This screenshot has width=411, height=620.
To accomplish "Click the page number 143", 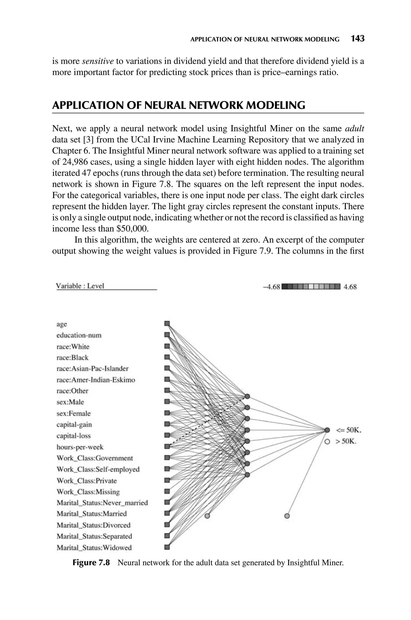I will coord(358,39).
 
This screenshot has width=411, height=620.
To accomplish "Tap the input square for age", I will coord(167,323).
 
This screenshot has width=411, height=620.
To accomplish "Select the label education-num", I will coord(79,335).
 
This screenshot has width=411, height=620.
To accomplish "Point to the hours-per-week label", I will coord(80,447).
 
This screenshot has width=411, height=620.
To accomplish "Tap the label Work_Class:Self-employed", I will coord(98,469).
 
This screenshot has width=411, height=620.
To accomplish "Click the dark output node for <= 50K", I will coord(327,430).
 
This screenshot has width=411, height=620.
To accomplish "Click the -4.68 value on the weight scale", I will coord(271,287).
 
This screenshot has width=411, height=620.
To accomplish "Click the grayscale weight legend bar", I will coord(311,286).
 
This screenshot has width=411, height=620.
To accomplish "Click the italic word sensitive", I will coord(98,61).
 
